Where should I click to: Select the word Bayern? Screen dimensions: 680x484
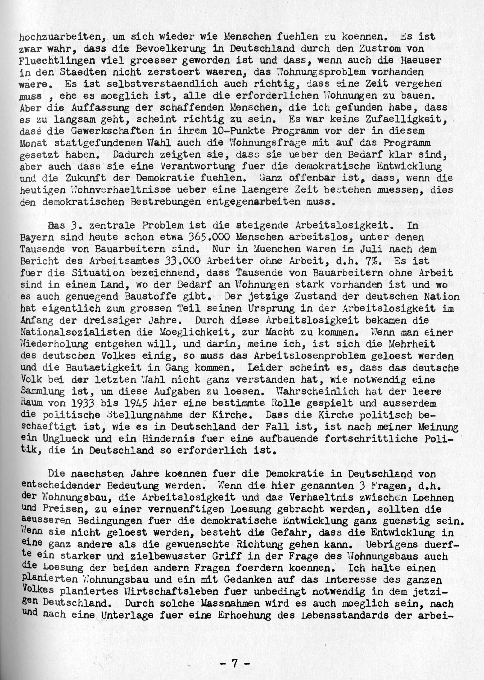click(x=35, y=238)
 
